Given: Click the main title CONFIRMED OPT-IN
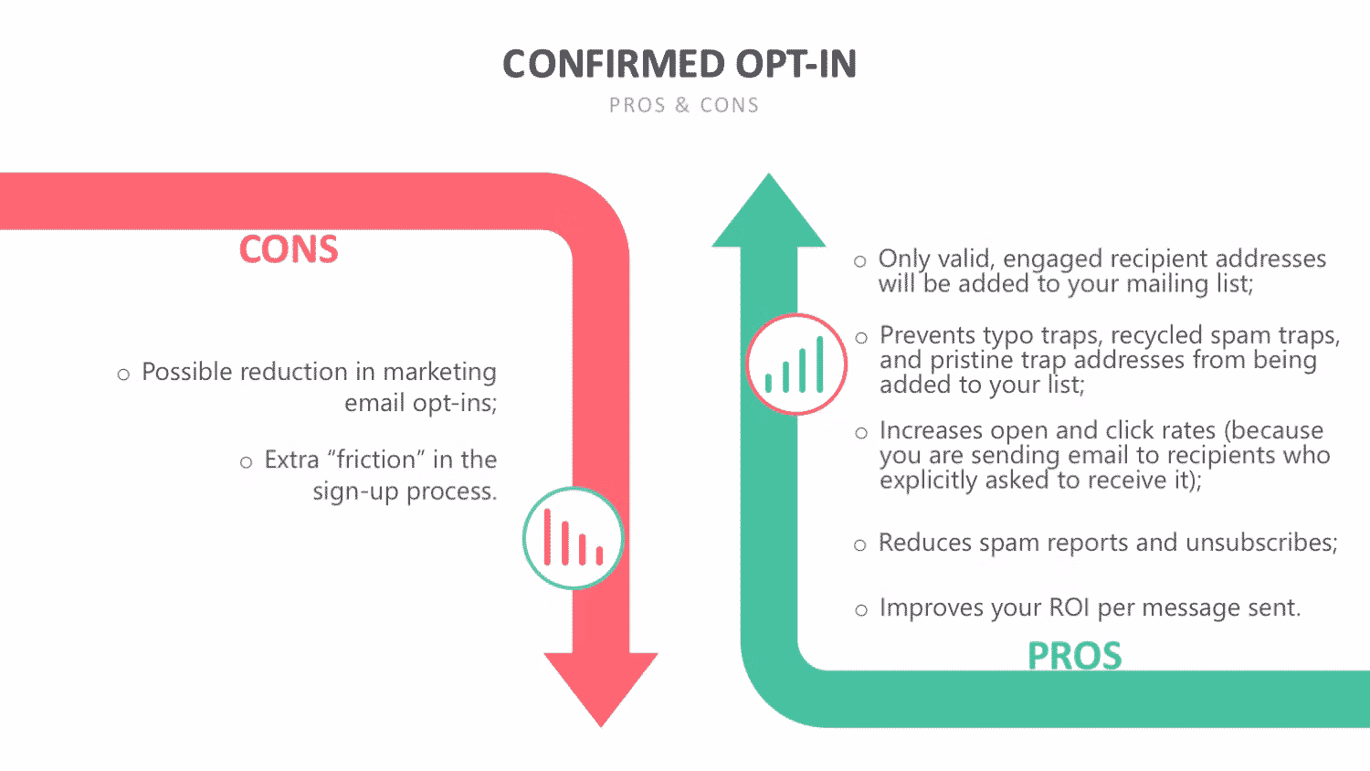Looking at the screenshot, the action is tap(680, 64).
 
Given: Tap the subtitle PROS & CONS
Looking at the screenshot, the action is tap(684, 105).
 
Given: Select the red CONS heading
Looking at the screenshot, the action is tap(289, 249).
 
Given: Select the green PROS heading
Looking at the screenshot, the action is tap(1075, 656).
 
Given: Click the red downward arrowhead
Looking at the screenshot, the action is tap(601, 685).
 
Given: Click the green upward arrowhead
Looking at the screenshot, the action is tap(769, 213).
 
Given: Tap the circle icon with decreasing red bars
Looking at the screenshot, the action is tap(573, 538).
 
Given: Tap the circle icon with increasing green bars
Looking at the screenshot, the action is tap(796, 364).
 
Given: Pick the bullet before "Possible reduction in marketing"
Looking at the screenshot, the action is tap(123, 375).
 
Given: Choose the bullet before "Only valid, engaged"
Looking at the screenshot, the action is tap(860, 262).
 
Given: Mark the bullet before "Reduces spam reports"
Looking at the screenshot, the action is tap(860, 545).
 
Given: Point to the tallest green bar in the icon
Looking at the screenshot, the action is tap(820, 364).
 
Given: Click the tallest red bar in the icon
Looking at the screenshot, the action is tap(547, 536).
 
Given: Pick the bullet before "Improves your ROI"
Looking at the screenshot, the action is tap(861, 610).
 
